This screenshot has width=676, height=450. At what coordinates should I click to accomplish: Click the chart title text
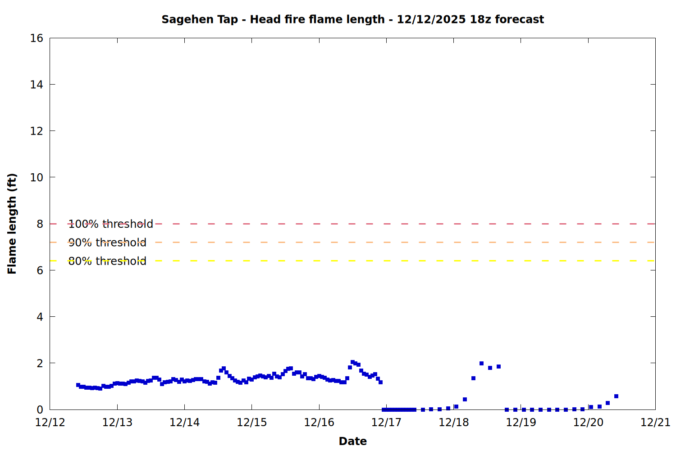click(352, 19)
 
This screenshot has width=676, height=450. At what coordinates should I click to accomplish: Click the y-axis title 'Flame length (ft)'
click(12, 224)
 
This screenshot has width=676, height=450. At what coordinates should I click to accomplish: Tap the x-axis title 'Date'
click(352, 441)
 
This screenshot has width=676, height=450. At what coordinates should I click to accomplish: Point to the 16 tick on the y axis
click(37, 38)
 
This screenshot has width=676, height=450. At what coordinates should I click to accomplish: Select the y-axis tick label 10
click(37, 177)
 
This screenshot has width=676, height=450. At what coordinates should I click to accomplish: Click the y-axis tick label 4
click(40, 317)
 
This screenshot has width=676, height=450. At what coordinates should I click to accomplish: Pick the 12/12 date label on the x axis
click(50, 423)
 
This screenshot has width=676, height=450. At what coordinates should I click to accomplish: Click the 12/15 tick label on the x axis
click(252, 423)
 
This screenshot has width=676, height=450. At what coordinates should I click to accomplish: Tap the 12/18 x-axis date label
click(453, 423)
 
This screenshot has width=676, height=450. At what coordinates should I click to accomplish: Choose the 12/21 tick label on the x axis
click(655, 423)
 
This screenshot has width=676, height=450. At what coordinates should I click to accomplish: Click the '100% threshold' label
click(110, 224)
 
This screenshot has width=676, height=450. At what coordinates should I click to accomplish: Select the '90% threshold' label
click(107, 243)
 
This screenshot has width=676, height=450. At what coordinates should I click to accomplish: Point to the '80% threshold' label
click(107, 261)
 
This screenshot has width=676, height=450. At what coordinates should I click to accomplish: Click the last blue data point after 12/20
click(616, 396)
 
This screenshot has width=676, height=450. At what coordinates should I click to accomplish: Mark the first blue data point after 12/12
click(78, 385)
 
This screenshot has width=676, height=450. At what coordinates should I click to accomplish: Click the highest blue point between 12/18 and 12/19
click(481, 363)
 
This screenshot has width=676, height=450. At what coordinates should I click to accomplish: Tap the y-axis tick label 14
click(37, 85)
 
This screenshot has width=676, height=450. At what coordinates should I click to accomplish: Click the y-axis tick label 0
click(40, 409)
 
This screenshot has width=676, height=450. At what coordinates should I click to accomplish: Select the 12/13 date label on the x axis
click(117, 423)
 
